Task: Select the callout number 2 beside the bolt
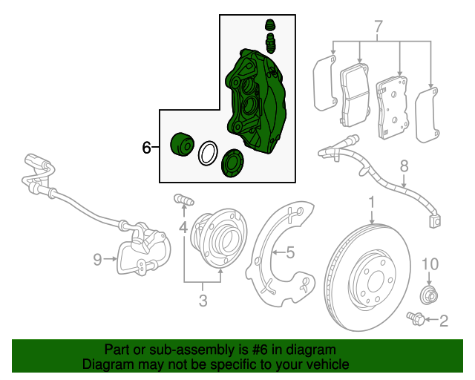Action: pyautogui.click(x=444, y=321)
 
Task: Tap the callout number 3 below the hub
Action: pyautogui.click(x=203, y=301)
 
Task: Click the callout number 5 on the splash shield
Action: pyautogui.click(x=290, y=252)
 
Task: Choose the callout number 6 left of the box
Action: pyautogui.click(x=147, y=148)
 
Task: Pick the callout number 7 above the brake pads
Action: pyautogui.click(x=379, y=28)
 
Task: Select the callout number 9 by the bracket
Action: pyautogui.click(x=97, y=259)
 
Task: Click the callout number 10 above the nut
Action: pyautogui.click(x=430, y=263)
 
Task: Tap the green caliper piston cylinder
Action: pyautogui.click(x=181, y=142)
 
